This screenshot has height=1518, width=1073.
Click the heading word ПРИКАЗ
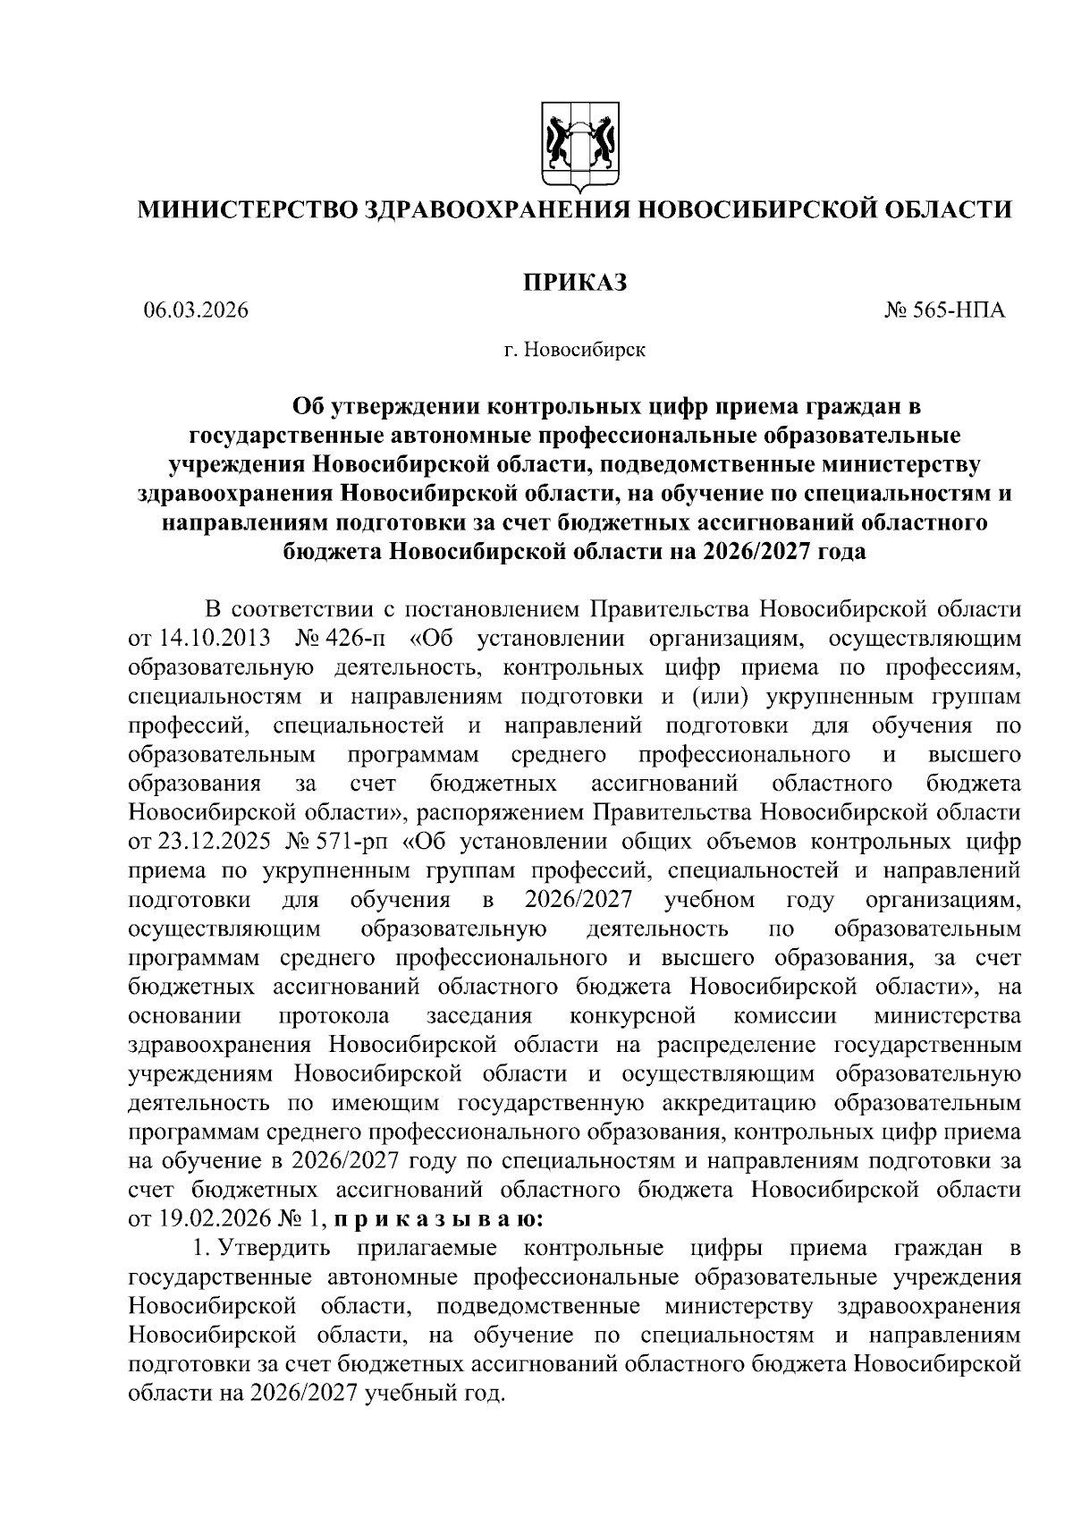pos(576,282)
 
